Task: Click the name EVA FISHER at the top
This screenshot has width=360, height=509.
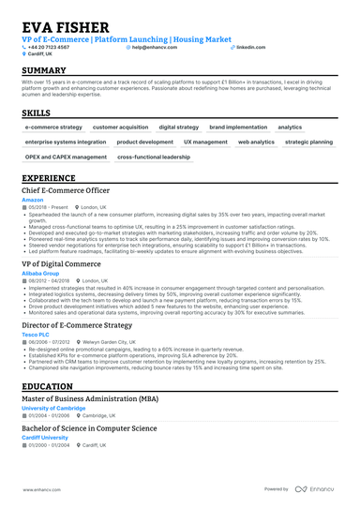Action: [x=65, y=27]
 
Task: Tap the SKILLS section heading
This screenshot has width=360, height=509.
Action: [x=37, y=112]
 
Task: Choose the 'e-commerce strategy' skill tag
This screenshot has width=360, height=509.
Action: [x=53, y=127]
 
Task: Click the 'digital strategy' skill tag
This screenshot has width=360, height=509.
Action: [x=179, y=127]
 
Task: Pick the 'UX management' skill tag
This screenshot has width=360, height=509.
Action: [x=205, y=142]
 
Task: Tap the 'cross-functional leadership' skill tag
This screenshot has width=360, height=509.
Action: [x=154, y=157]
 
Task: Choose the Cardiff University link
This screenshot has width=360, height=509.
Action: [x=45, y=437]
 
